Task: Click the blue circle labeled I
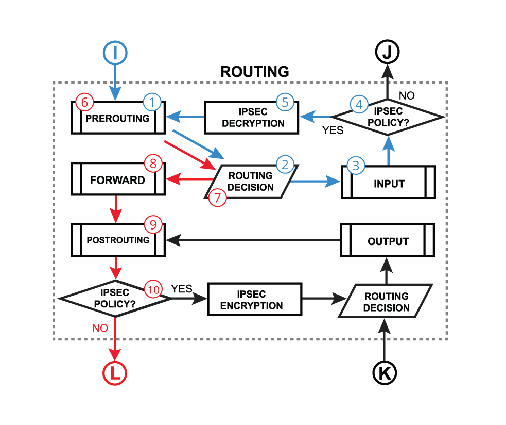(115, 53)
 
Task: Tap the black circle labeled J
(387, 52)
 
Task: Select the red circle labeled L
(115, 373)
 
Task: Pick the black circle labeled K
(384, 373)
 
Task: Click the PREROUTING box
(118, 118)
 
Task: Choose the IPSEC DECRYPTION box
(252, 118)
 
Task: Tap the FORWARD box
(118, 180)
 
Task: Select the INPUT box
(388, 183)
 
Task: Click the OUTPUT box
(388, 241)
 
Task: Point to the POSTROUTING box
(118, 240)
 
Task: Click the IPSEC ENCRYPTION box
(254, 300)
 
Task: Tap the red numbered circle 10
(153, 289)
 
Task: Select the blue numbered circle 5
(285, 102)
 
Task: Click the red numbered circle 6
(84, 102)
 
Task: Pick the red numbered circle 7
(217, 197)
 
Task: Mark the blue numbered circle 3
(355, 166)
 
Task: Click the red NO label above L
(100, 328)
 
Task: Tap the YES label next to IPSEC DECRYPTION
(333, 130)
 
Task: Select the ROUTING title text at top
(254, 72)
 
